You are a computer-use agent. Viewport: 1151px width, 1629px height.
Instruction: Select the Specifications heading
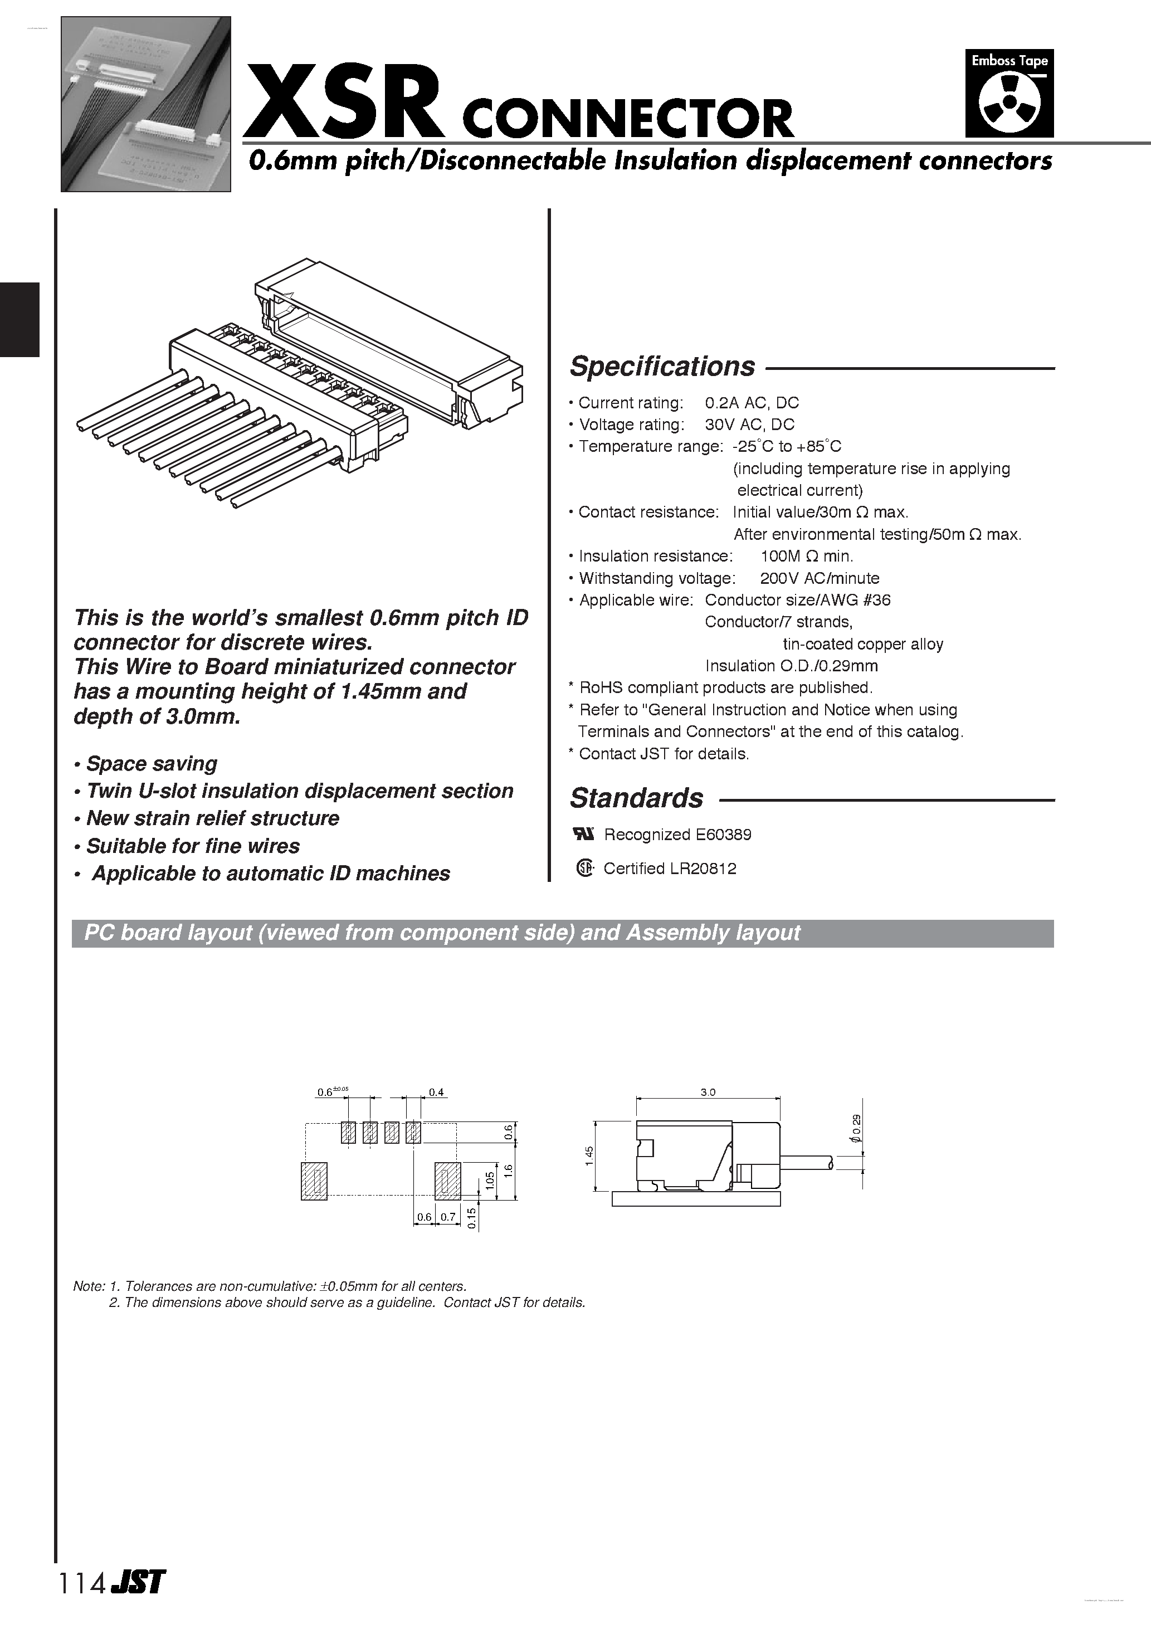662,367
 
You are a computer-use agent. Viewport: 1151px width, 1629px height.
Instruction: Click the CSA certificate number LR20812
705,869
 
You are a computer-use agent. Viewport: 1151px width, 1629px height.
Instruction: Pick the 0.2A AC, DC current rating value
752,403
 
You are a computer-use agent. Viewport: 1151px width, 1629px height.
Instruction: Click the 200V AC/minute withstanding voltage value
819,578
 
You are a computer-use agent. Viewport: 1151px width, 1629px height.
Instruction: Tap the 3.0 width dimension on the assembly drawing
708,1092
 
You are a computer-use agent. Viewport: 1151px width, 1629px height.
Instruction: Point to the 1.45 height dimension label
589,1156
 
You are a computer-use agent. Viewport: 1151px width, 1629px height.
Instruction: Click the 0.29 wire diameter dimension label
856,1128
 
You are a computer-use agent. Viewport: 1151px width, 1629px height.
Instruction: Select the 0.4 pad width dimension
436,1092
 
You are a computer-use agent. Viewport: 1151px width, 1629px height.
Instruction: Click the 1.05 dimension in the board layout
490,1181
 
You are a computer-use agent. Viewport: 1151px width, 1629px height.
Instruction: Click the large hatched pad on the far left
314,1181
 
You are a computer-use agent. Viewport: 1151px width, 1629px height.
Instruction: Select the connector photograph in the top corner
145,104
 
